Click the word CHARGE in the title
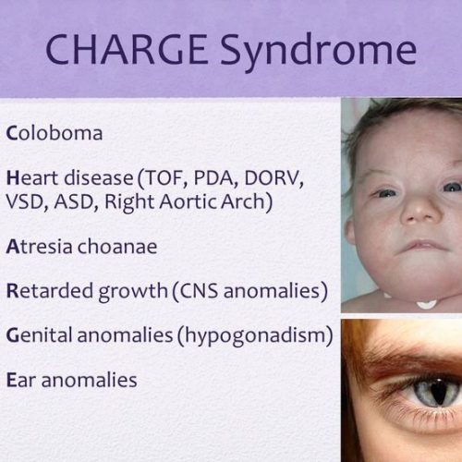[127, 50]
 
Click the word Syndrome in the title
[319, 53]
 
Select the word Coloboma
[55, 132]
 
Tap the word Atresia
[39, 247]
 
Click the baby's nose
[420, 210]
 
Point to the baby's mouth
[422, 246]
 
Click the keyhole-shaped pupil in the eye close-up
[440, 392]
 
